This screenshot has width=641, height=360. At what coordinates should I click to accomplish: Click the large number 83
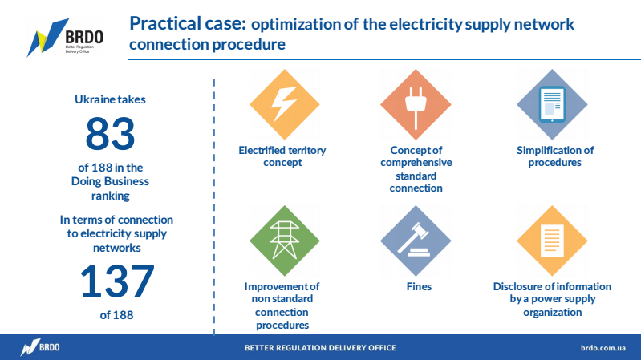tap(110, 134)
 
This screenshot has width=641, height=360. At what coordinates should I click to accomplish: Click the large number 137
tap(117, 281)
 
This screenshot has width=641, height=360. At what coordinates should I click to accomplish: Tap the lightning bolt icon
tap(284, 103)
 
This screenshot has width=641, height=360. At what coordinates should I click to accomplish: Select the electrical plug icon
tap(416, 107)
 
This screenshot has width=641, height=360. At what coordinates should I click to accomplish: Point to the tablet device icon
tap(552, 104)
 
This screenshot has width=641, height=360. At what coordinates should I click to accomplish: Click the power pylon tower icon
tap(285, 241)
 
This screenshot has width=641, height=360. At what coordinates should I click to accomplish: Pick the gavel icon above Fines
tap(415, 240)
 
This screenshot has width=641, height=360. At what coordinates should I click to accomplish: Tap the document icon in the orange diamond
tap(552, 241)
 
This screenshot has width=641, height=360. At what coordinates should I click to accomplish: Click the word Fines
tap(419, 286)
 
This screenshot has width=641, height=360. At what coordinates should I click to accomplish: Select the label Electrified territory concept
tap(282, 156)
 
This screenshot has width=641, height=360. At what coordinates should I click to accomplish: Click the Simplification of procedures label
tap(554, 156)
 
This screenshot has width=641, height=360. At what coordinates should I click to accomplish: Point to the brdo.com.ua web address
tap(603, 348)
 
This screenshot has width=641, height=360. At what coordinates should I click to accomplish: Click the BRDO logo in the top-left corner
tap(66, 38)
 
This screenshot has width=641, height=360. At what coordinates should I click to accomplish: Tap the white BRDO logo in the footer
tap(40, 347)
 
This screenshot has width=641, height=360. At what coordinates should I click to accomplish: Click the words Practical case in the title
tap(188, 23)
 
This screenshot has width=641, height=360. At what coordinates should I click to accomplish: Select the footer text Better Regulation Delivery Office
tap(320, 348)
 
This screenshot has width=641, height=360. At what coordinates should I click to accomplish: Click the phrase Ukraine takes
tap(110, 99)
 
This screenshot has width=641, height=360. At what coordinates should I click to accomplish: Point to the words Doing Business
tap(110, 181)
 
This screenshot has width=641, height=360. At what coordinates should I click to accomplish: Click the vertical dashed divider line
tap(214, 207)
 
